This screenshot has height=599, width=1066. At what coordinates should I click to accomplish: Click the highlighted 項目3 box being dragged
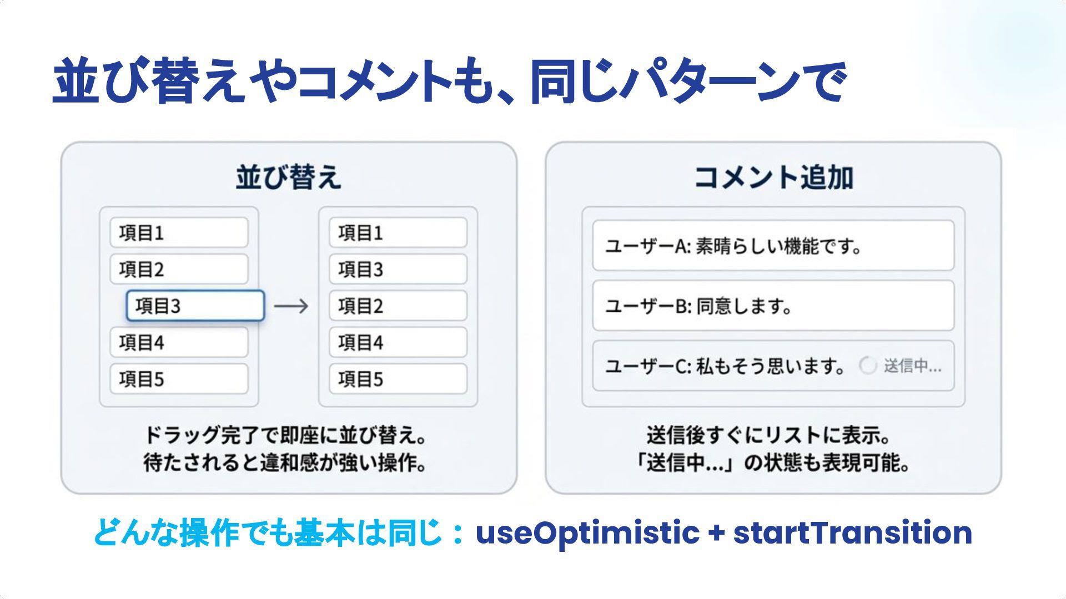click(195, 306)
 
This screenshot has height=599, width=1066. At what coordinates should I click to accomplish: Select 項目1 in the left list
click(179, 232)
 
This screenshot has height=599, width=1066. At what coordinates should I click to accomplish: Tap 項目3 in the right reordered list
click(398, 269)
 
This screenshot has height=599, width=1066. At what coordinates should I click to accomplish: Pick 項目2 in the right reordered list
click(398, 306)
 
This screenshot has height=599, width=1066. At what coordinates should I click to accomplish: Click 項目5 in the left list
click(179, 379)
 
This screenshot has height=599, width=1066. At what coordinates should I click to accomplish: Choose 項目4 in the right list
click(398, 342)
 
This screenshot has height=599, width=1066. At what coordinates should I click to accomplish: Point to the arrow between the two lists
click(291, 306)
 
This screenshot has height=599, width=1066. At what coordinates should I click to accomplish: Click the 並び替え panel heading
click(288, 177)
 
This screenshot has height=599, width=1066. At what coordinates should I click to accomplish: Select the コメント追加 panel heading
click(773, 177)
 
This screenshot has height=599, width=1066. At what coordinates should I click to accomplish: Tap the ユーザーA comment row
click(773, 246)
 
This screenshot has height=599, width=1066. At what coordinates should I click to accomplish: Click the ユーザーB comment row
click(773, 306)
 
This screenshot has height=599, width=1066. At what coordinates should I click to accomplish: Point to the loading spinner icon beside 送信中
click(867, 366)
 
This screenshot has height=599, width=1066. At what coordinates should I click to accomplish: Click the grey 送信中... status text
click(912, 366)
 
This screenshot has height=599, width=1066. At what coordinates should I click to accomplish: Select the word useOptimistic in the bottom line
click(587, 532)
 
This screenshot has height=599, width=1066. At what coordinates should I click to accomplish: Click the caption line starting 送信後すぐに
click(769, 435)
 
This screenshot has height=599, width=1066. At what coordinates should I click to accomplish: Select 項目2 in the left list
click(179, 269)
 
